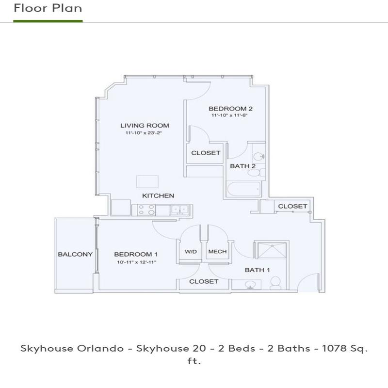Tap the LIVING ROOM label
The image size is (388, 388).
pyautogui.click(x=145, y=126)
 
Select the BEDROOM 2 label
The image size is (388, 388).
pyautogui.click(x=230, y=109)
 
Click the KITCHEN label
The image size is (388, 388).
pyautogui.click(x=158, y=196)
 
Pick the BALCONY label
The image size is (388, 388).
pyautogui.click(x=75, y=254)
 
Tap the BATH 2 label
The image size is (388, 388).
pyautogui.click(x=243, y=166)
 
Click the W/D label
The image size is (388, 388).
pyautogui.click(x=190, y=252)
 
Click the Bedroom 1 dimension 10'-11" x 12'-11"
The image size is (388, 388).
pyautogui.click(x=136, y=262)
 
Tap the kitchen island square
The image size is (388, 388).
pyautogui.click(x=147, y=181)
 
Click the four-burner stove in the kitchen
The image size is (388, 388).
pyautogui.click(x=146, y=210)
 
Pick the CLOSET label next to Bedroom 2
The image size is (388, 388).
pyautogui.click(x=206, y=153)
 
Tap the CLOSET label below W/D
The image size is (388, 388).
pyautogui.click(x=204, y=281)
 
